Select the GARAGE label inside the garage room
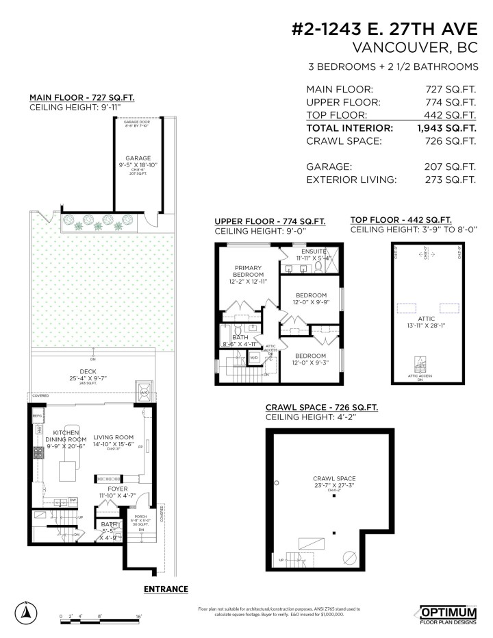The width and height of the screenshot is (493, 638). [138, 158]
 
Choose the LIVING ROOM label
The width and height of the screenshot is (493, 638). [114, 437]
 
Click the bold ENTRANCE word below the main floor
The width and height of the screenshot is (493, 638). [166, 589]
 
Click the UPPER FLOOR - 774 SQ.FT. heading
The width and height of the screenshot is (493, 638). [270, 221]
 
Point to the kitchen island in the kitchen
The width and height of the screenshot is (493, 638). [66, 471]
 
